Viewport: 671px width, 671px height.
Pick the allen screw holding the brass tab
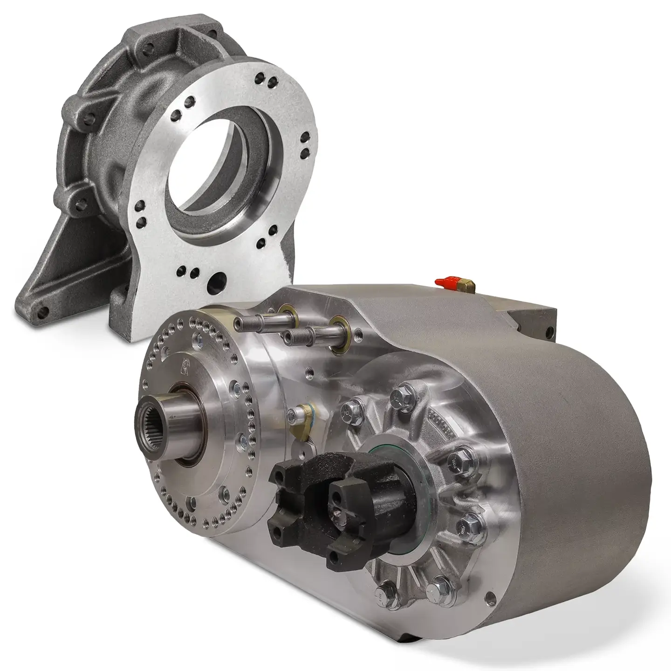pos(293,412)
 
